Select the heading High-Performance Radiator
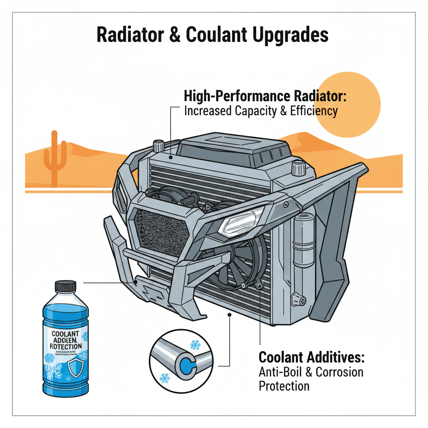[x=265, y=96]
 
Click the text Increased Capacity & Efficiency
[x=260, y=111]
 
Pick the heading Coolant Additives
[x=312, y=357]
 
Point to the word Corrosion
[x=339, y=372]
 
